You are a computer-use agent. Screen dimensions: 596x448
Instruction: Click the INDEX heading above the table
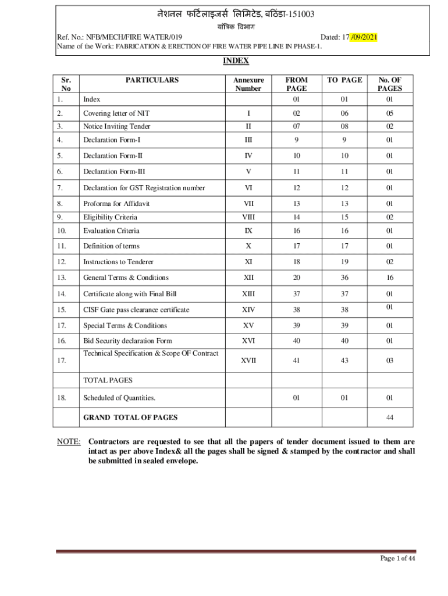(x=236, y=61)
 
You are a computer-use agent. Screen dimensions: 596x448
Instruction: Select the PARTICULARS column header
(x=152, y=80)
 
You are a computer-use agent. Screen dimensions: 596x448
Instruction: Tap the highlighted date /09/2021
(x=364, y=37)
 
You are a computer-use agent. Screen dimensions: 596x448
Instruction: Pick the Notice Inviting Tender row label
(x=116, y=126)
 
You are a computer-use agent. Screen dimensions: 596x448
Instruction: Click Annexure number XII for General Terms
(x=248, y=278)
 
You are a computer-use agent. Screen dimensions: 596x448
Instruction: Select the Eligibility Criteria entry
(x=111, y=217)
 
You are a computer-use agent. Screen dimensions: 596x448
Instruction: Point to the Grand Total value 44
(x=389, y=417)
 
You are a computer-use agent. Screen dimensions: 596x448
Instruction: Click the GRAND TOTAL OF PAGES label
(x=130, y=417)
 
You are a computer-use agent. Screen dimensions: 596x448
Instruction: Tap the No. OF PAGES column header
(x=389, y=84)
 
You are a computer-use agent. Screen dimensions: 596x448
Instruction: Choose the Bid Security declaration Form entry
(x=127, y=340)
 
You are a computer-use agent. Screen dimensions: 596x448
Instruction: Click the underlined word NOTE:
(x=69, y=441)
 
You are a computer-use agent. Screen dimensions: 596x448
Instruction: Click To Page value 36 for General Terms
(x=344, y=278)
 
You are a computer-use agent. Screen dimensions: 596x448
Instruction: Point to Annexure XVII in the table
(x=248, y=361)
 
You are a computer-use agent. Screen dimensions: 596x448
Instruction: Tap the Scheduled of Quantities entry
(x=119, y=398)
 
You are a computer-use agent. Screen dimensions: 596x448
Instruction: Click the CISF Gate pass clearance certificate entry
(x=136, y=310)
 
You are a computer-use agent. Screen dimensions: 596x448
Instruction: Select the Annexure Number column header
(x=248, y=84)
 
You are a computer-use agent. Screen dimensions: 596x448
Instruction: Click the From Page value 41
(x=296, y=361)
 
